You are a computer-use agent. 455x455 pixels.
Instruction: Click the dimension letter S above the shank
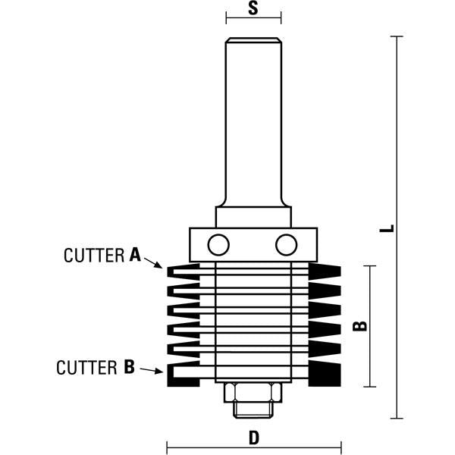click(x=253, y=10)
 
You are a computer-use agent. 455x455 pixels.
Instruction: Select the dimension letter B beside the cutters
click(x=361, y=325)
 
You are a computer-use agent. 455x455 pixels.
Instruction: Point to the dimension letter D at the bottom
click(x=253, y=438)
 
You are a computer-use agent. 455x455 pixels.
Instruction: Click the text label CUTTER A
click(x=103, y=256)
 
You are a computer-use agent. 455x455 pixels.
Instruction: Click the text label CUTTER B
click(x=96, y=368)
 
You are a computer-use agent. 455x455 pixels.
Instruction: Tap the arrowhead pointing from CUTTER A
click(x=158, y=266)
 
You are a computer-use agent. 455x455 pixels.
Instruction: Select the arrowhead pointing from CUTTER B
click(x=158, y=371)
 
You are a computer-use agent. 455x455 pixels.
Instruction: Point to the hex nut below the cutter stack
click(x=253, y=392)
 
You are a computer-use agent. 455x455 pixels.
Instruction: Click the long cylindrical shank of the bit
click(x=253, y=121)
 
